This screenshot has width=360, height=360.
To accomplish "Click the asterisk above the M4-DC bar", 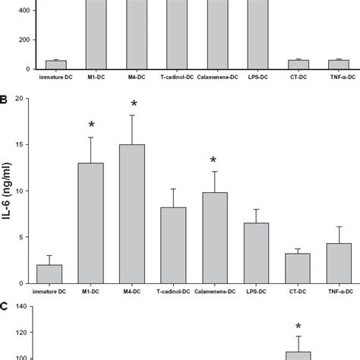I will pyautogui.click(x=134, y=105).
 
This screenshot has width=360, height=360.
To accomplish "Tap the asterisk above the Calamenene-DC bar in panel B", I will pyautogui.click(x=213, y=161).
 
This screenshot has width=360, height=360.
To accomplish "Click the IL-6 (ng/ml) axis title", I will pyautogui.click(x=8, y=191).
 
